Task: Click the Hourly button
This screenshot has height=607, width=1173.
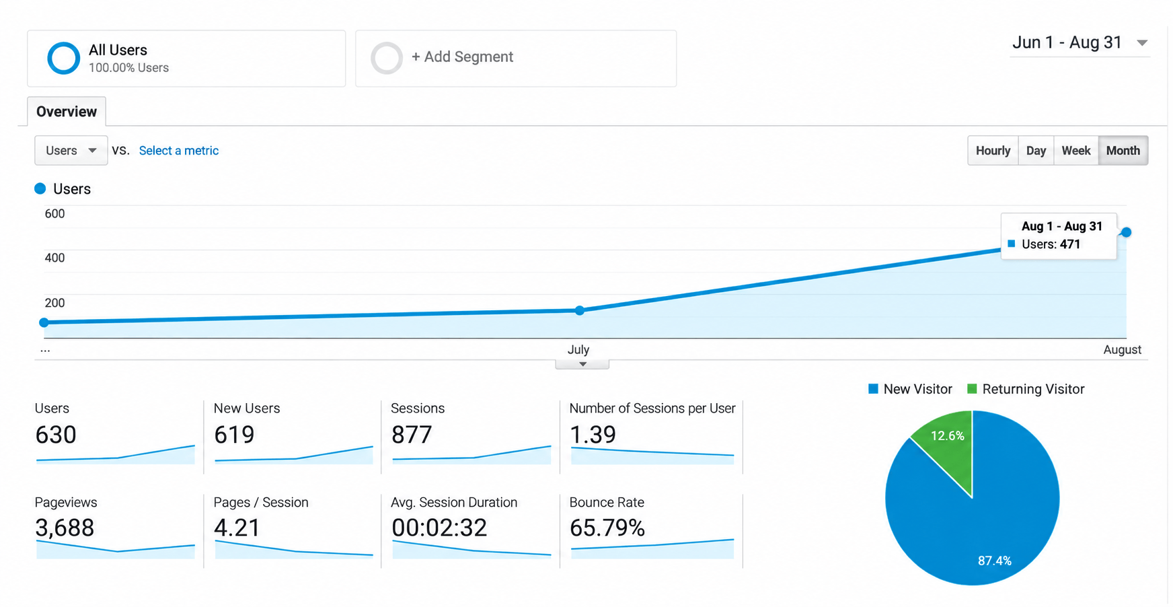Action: (993, 151)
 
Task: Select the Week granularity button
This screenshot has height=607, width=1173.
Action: (1075, 151)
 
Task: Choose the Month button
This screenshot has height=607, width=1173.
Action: (1123, 151)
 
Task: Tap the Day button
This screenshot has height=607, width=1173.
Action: (1036, 151)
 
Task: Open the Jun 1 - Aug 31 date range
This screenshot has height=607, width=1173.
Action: (1080, 42)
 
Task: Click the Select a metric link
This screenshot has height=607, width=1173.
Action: (179, 151)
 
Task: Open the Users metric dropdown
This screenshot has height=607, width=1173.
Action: (71, 151)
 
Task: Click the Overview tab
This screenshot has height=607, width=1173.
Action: (67, 112)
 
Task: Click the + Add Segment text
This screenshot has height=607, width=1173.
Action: (462, 57)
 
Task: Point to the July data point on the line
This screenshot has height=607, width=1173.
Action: (580, 310)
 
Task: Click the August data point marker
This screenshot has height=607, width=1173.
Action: (1126, 232)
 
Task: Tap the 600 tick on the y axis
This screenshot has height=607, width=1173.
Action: (54, 214)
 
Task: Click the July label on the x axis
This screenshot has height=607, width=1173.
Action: (578, 349)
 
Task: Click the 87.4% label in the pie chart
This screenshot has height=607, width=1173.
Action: (995, 561)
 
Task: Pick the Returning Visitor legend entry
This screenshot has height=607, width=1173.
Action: (1026, 389)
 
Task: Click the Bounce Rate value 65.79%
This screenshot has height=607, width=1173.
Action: (607, 528)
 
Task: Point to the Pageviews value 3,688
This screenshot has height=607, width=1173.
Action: (65, 528)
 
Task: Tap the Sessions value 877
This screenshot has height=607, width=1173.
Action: (412, 435)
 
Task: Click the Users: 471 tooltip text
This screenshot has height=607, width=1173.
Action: (1051, 244)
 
